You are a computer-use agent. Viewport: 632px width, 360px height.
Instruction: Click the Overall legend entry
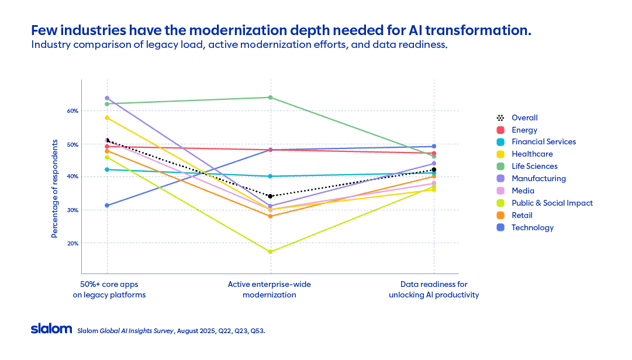(x=524, y=117)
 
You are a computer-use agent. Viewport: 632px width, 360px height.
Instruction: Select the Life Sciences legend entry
(x=534, y=166)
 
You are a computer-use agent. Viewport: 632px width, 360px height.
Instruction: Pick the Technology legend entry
(x=532, y=227)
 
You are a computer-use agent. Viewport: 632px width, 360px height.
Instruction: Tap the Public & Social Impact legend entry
(x=551, y=203)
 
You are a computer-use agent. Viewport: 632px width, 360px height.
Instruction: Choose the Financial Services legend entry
(x=543, y=141)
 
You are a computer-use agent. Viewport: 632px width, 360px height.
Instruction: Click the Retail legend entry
(x=522, y=215)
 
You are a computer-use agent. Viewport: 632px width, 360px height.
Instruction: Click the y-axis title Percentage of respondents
(x=54, y=188)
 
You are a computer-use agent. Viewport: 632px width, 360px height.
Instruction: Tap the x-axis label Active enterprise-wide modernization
(x=270, y=289)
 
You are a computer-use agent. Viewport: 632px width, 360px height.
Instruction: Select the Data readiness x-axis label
(x=434, y=289)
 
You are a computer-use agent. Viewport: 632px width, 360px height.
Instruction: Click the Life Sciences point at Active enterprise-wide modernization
(x=270, y=97)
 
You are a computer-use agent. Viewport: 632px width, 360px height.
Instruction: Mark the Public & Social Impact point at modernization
(x=270, y=252)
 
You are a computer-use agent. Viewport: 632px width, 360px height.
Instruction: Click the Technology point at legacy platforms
(x=106, y=205)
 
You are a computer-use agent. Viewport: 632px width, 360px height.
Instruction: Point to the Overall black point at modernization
(x=270, y=196)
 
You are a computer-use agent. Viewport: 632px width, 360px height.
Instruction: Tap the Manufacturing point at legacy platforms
(x=106, y=98)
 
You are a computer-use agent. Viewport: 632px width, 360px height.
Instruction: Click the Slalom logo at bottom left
(x=51, y=329)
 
